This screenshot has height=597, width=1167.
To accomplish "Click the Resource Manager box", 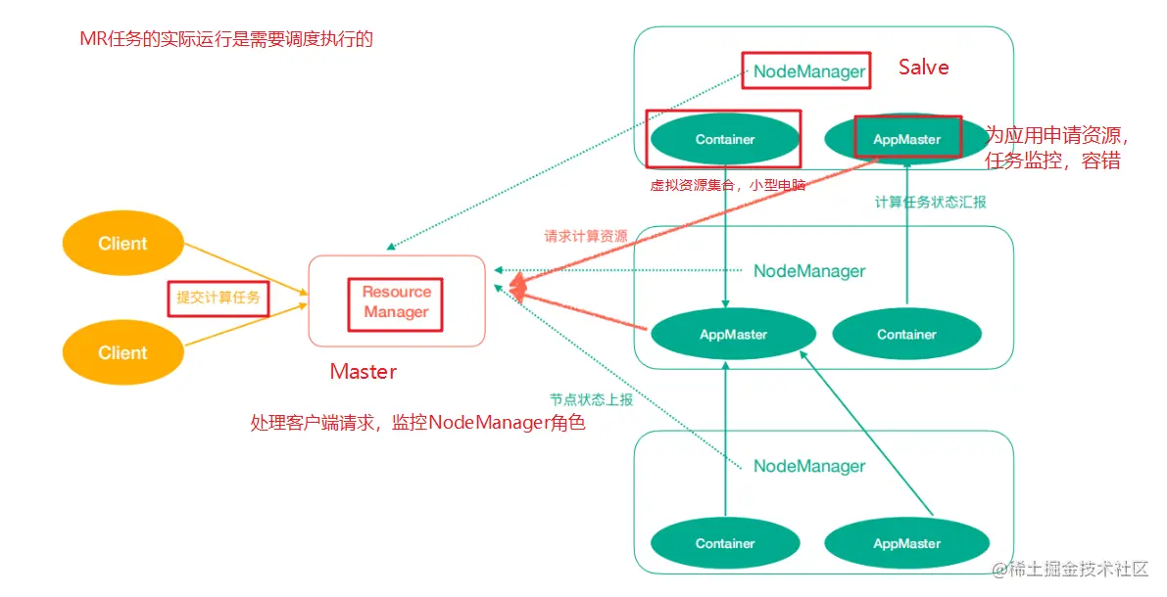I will [x=396, y=301].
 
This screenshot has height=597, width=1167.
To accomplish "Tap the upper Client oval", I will [x=122, y=244].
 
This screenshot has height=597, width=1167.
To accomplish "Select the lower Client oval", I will [x=122, y=353].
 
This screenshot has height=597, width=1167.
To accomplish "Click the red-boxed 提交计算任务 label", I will [x=218, y=298].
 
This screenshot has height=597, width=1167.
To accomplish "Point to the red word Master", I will [x=363, y=372].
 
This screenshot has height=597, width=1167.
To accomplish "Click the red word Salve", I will [x=923, y=68].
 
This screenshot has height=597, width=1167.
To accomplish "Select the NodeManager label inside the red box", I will [x=809, y=71].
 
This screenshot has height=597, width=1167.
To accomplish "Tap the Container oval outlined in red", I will [x=725, y=139].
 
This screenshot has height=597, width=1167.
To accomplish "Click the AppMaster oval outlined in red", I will [x=906, y=139].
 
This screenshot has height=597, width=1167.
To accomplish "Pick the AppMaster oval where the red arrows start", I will [x=733, y=335].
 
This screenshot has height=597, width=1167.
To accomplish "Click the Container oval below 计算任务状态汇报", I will [x=906, y=335].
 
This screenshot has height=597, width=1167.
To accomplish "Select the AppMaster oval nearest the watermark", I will [x=906, y=544].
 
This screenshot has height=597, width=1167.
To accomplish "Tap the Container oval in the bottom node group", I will [x=725, y=544].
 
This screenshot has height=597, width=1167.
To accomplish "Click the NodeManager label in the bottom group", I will [x=809, y=467].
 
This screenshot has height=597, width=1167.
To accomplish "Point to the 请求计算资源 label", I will [x=586, y=237].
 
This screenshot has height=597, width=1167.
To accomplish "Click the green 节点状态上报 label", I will [x=591, y=400].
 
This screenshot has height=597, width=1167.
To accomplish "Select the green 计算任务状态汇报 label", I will [x=930, y=203].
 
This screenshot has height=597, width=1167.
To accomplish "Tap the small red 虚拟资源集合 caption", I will [x=727, y=185].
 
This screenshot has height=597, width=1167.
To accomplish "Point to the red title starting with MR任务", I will [x=226, y=40].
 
